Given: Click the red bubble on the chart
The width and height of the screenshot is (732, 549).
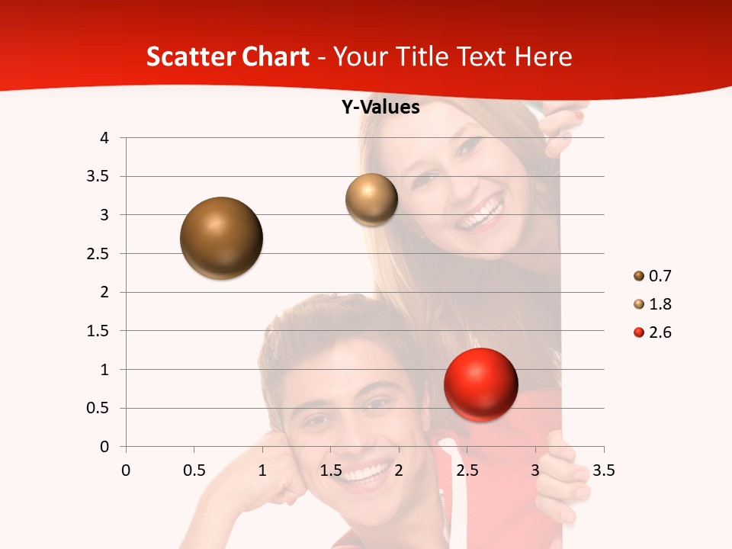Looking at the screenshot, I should pos(480,384).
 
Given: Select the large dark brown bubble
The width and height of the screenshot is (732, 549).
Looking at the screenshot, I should pos(221,238).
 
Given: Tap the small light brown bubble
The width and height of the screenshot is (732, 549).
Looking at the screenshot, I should pos(371,199).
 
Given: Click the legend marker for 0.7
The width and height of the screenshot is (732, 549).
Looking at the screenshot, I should pos(639,275).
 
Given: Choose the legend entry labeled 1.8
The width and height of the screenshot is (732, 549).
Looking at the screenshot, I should pos(660,304).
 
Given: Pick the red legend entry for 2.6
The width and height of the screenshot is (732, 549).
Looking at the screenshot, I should pos(660,332).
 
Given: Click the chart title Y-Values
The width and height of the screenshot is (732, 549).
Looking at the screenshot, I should pos(380,108).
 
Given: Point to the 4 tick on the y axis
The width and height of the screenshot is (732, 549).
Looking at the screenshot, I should pos(104,138).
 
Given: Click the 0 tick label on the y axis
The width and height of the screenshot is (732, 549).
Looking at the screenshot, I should pos(104,447).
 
